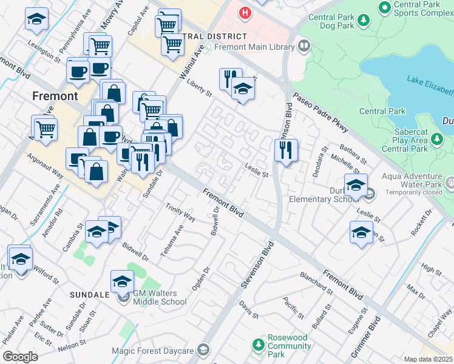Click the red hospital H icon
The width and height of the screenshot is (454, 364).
tap(245, 12)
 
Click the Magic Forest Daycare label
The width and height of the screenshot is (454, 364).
tap(152, 351)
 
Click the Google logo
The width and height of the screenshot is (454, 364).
tap(20, 357)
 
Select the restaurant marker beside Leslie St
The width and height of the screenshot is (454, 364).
tap(286, 149)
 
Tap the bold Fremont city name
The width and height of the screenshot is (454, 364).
tap(55, 96)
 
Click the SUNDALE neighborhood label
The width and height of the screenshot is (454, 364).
tap(89, 294)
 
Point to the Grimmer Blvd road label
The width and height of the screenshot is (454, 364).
tap(367, 336)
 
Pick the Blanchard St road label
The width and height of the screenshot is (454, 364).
tap(316, 283)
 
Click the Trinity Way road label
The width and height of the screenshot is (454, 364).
tap(180, 212)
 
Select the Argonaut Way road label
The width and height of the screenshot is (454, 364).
tap(46, 165)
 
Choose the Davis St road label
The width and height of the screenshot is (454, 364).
tap(248, 309)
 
